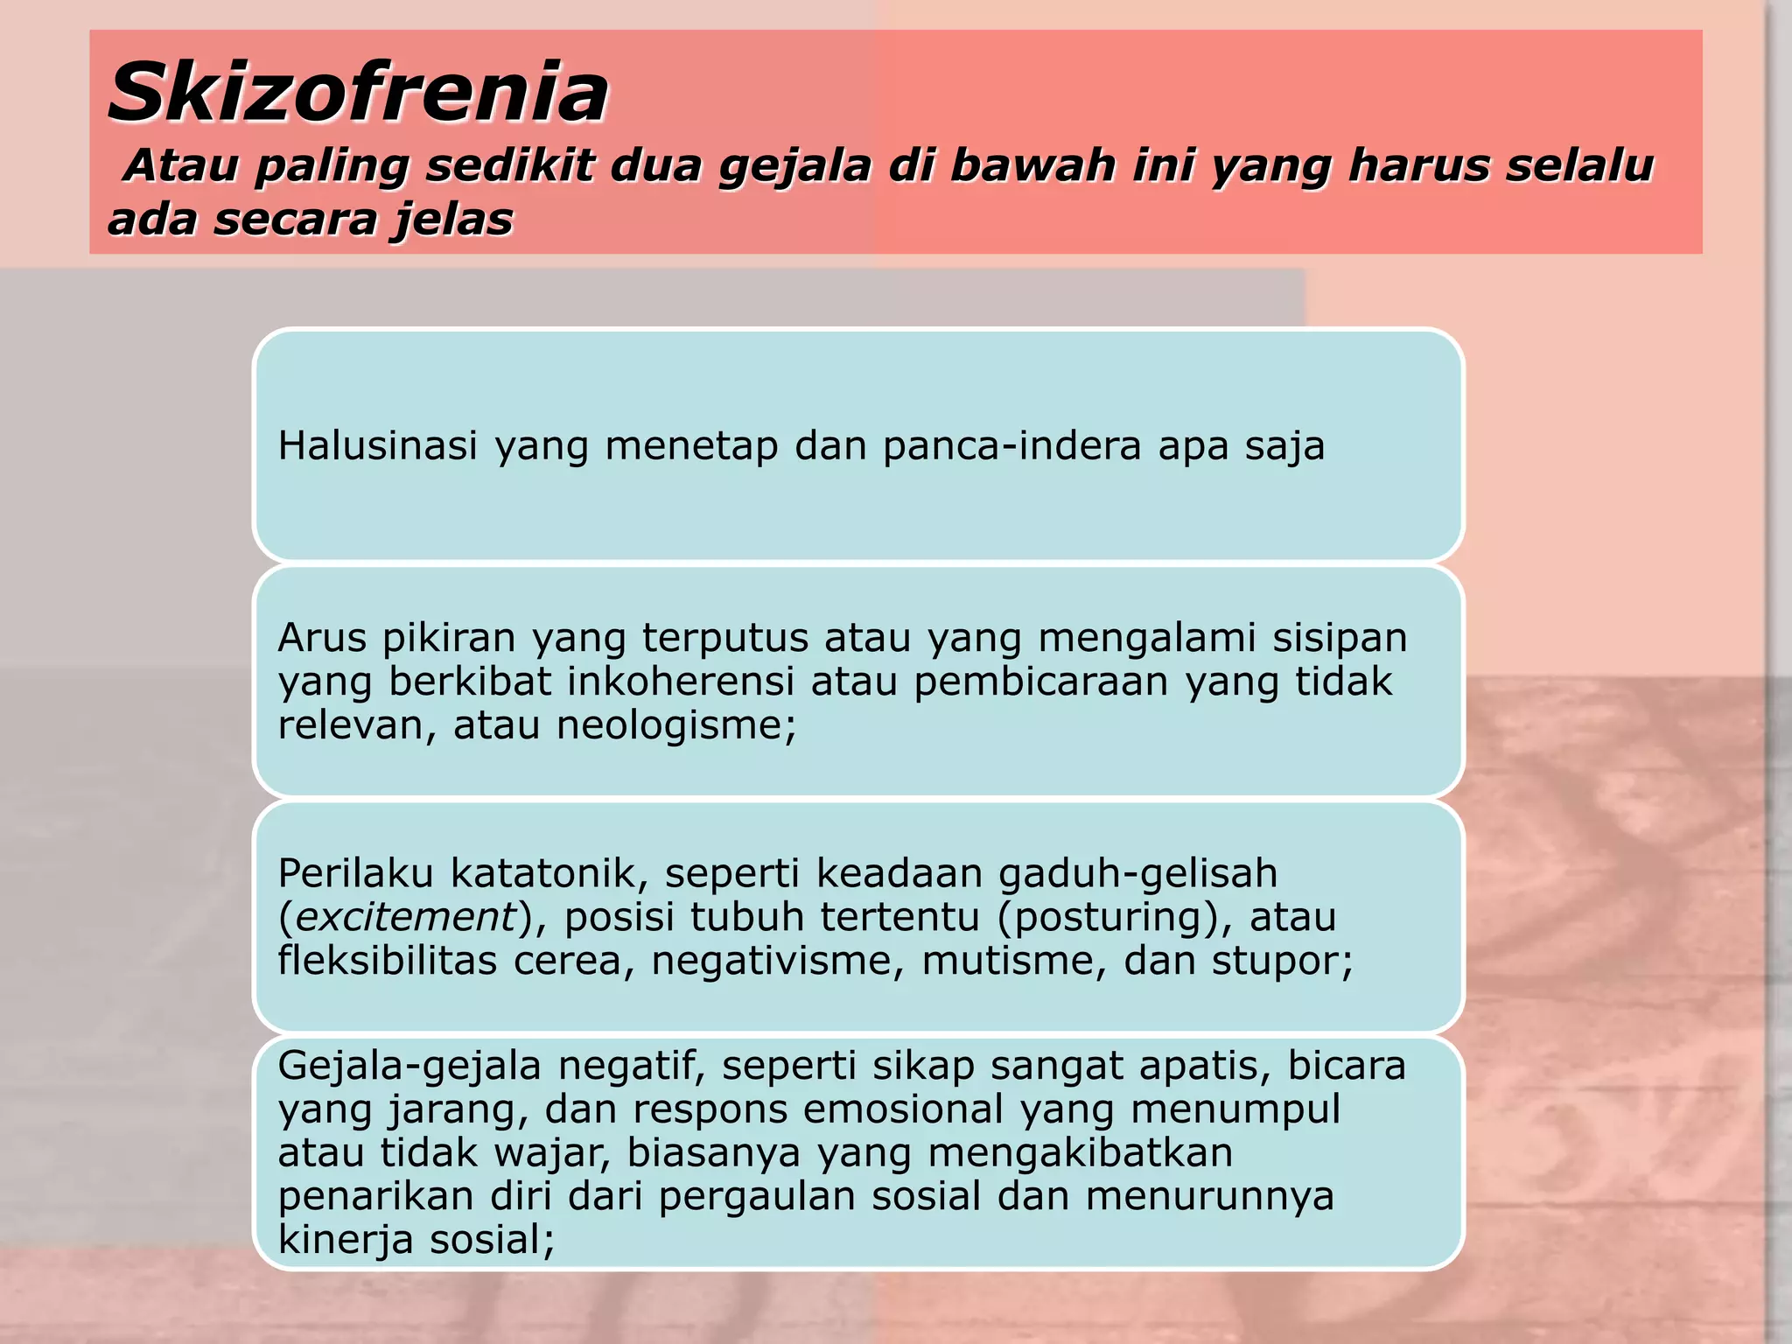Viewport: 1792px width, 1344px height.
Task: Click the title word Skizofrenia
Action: tap(358, 93)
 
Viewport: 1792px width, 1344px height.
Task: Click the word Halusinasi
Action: tap(378, 446)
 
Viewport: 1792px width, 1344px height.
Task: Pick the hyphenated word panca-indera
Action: tap(1011, 446)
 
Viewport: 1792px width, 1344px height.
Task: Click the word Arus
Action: tap(321, 638)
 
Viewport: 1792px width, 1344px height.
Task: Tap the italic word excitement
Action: tap(406, 917)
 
